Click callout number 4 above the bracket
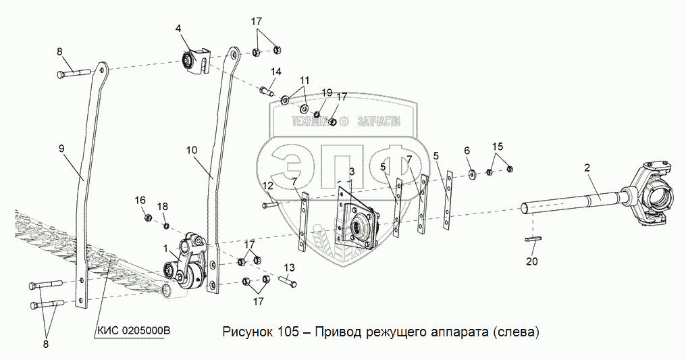click(178, 28)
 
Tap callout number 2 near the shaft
click(587, 168)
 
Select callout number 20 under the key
click(532, 262)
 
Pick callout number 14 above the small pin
click(276, 72)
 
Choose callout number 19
click(327, 93)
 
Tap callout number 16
click(140, 200)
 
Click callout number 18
click(163, 206)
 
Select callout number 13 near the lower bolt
click(290, 267)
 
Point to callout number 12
click(268, 186)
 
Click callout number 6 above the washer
click(467, 150)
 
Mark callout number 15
click(498, 147)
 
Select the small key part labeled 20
click(532, 238)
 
